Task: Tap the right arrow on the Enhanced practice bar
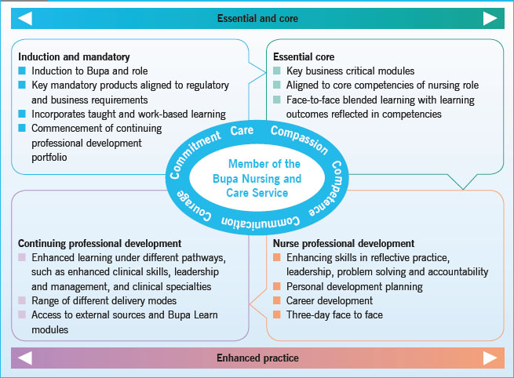pyautogui.click(x=490, y=358)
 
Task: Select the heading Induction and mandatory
pyautogui.click(x=74, y=57)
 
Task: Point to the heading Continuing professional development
pyautogui.click(x=100, y=244)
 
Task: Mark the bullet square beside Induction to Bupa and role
pyautogui.click(x=23, y=71)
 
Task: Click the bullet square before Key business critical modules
pyautogui.click(x=277, y=71)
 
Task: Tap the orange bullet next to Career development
pyautogui.click(x=277, y=301)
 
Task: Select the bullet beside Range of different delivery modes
pyautogui.click(x=23, y=301)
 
